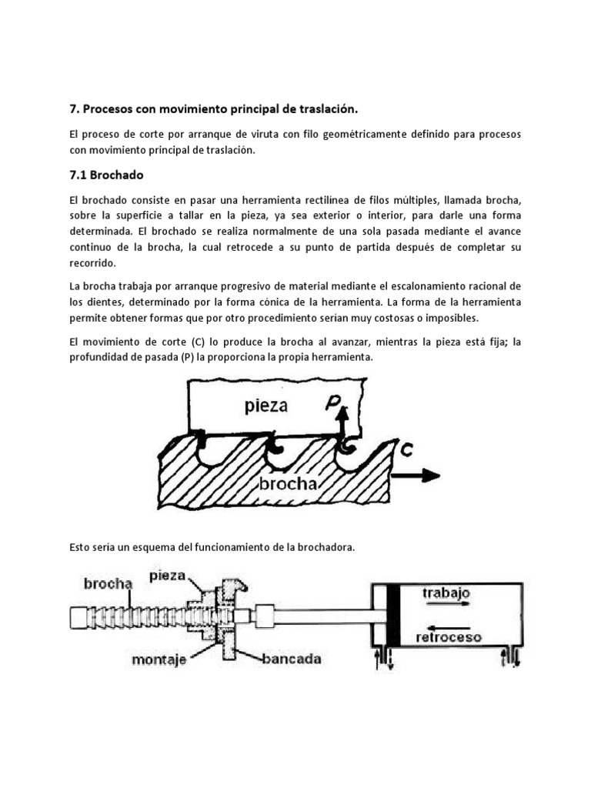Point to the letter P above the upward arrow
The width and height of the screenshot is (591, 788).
click(x=332, y=401)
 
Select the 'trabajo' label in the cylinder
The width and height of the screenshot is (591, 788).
click(x=446, y=593)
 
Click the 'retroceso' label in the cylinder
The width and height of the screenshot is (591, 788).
click(x=449, y=638)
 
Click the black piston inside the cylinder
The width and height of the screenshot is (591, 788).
click(x=393, y=616)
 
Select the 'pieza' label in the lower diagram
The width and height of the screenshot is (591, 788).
click(x=169, y=574)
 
